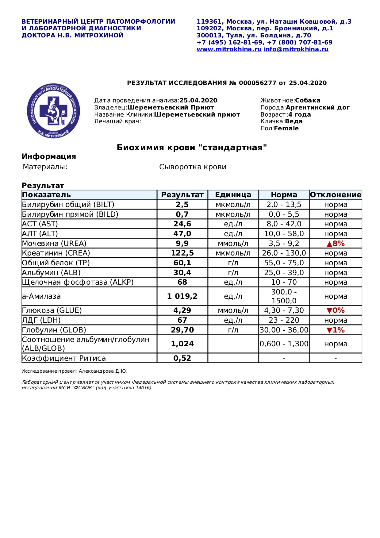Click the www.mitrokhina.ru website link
[229, 49]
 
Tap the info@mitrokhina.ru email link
[296, 49]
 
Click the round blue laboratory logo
[53, 111]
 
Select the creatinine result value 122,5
[182, 253]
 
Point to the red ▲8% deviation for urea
[336, 244]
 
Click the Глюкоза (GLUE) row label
[52, 310]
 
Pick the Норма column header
[284, 195]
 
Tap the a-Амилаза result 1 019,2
[182, 296]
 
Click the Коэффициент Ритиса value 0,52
[182, 358]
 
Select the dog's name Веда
[294, 121]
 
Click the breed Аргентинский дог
[318, 108]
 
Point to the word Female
[286, 129]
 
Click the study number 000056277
[258, 83]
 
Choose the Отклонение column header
[336, 195]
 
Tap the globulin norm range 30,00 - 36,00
[284, 330]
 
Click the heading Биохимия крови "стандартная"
[192, 148]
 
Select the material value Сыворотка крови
[193, 167]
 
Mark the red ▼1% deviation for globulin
[336, 330]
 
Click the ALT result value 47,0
[182, 234]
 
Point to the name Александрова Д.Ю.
[103, 371]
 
